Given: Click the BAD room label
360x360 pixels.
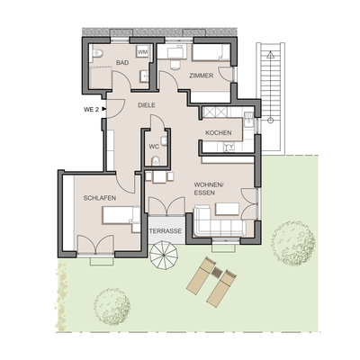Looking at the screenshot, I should (x=121, y=64).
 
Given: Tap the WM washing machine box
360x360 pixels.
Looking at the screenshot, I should (x=142, y=54).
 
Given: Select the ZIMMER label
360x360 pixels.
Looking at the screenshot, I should (x=202, y=76).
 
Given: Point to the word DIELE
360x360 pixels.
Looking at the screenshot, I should (x=146, y=105).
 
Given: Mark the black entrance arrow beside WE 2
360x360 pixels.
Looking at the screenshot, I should (x=104, y=110).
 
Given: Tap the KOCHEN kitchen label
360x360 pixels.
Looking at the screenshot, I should (x=218, y=133).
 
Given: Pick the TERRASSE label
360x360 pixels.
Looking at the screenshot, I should (x=166, y=231).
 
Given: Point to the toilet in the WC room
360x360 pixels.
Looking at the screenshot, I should (x=155, y=163).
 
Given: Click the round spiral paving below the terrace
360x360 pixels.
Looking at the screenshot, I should (x=165, y=264).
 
